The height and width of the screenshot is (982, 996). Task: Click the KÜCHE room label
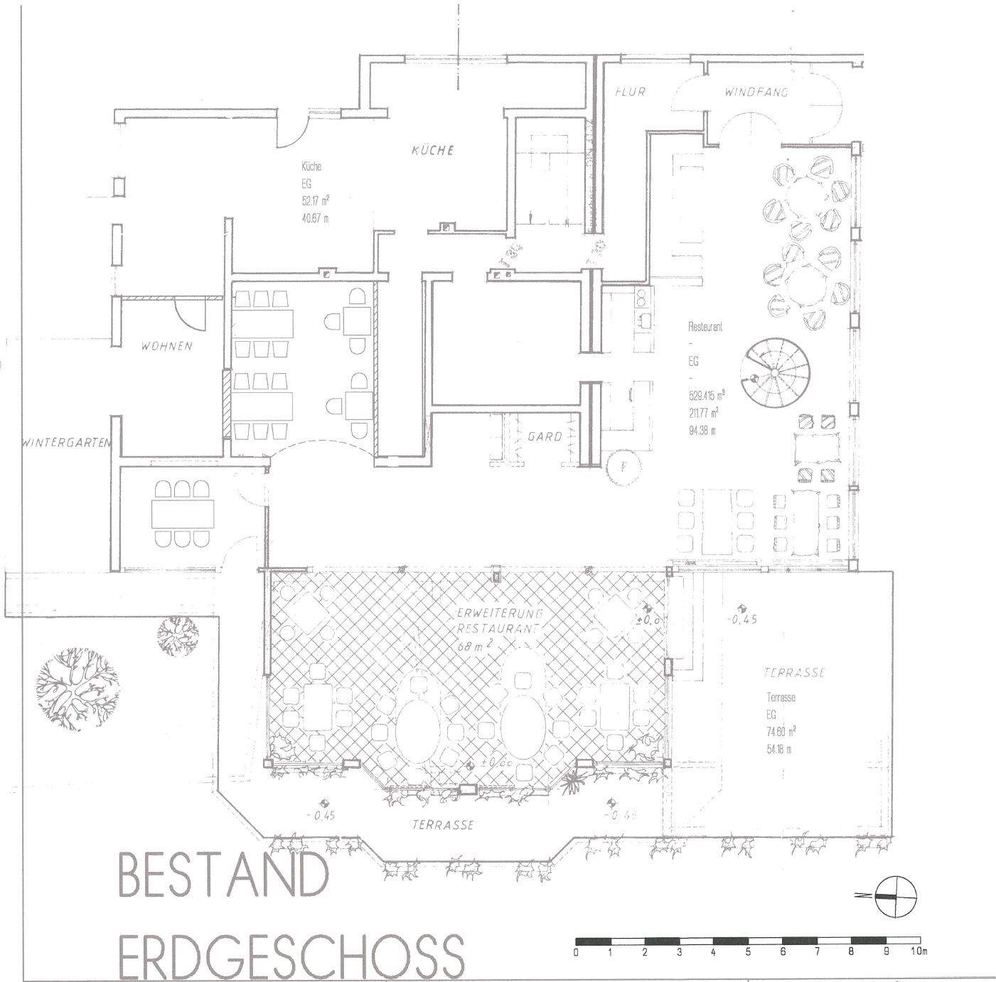[432, 151]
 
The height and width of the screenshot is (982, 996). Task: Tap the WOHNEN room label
[166, 347]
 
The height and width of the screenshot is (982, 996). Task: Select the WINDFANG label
[756, 92]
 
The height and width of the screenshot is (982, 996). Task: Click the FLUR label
[630, 92]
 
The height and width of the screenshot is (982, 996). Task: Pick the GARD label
[545, 437]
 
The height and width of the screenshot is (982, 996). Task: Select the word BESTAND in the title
[223, 876]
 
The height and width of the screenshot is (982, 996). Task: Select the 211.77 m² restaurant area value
[702, 412]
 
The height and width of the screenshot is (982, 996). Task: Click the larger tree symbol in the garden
[78, 688]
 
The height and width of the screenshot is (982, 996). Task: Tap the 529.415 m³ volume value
[705, 396]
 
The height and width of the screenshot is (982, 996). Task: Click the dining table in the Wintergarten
[183, 512]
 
